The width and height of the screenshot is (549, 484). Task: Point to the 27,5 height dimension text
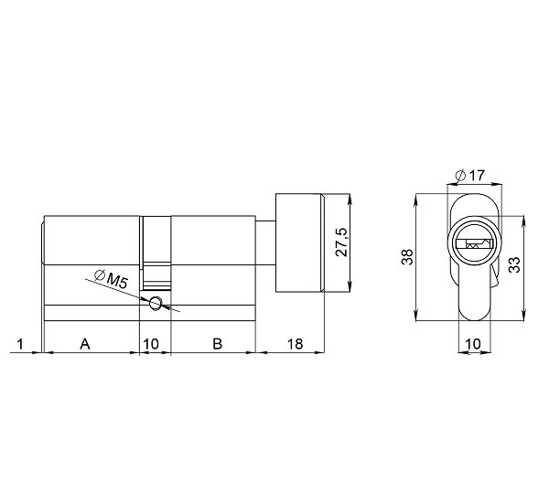click(x=340, y=243)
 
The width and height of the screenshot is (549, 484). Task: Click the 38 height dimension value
click(x=408, y=257)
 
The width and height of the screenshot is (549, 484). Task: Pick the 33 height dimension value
click(x=514, y=266)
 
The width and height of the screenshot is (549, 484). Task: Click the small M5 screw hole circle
click(x=156, y=303)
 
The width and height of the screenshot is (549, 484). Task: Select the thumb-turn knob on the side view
click(x=299, y=242)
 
